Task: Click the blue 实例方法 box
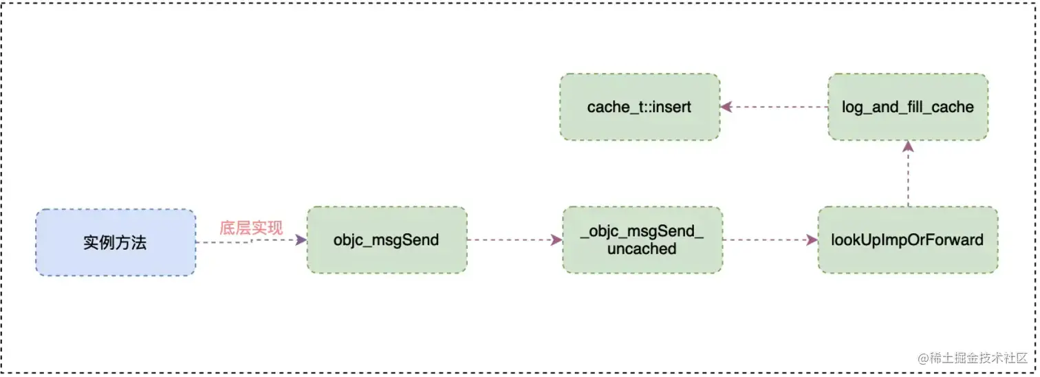[x=115, y=242]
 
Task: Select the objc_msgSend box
[x=387, y=240]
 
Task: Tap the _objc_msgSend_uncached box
[x=642, y=240]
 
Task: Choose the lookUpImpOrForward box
[x=907, y=240]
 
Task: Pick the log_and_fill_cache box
[x=907, y=107]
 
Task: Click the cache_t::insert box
[x=639, y=107]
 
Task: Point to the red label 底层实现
[x=251, y=228]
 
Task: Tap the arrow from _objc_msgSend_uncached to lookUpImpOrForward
[x=770, y=240]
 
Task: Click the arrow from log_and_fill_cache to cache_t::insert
[x=774, y=107]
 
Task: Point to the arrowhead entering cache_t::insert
[x=726, y=107]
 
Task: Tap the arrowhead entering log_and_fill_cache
[x=908, y=145]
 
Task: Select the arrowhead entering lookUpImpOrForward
[x=812, y=240]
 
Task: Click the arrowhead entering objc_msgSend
[x=301, y=240]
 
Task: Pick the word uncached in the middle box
[x=642, y=249]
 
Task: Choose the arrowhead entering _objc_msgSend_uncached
[x=557, y=240]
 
